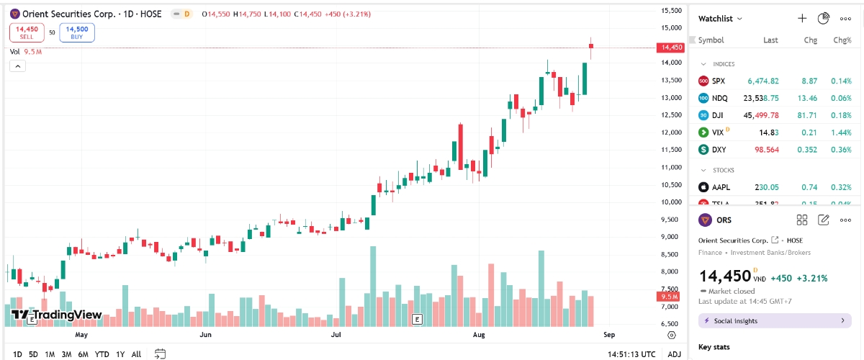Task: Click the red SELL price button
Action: click(x=27, y=32)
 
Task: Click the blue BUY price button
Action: click(x=76, y=32)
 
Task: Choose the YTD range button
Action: click(x=102, y=354)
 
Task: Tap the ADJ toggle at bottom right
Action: click(x=674, y=354)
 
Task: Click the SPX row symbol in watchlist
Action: click(x=719, y=81)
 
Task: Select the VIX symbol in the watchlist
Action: click(x=717, y=132)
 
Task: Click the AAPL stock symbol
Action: click(x=721, y=187)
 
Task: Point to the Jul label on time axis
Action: click(x=336, y=335)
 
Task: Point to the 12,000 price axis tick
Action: click(x=671, y=132)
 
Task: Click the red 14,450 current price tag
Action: click(x=670, y=48)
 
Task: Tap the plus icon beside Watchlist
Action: click(x=802, y=18)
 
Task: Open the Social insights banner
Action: click(x=774, y=320)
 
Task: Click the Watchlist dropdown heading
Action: click(x=720, y=18)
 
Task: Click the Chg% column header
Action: click(x=842, y=40)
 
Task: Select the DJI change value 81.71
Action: click(x=806, y=115)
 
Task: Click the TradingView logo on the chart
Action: click(x=57, y=315)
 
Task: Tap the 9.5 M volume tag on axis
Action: click(x=669, y=297)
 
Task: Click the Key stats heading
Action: click(x=714, y=347)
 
